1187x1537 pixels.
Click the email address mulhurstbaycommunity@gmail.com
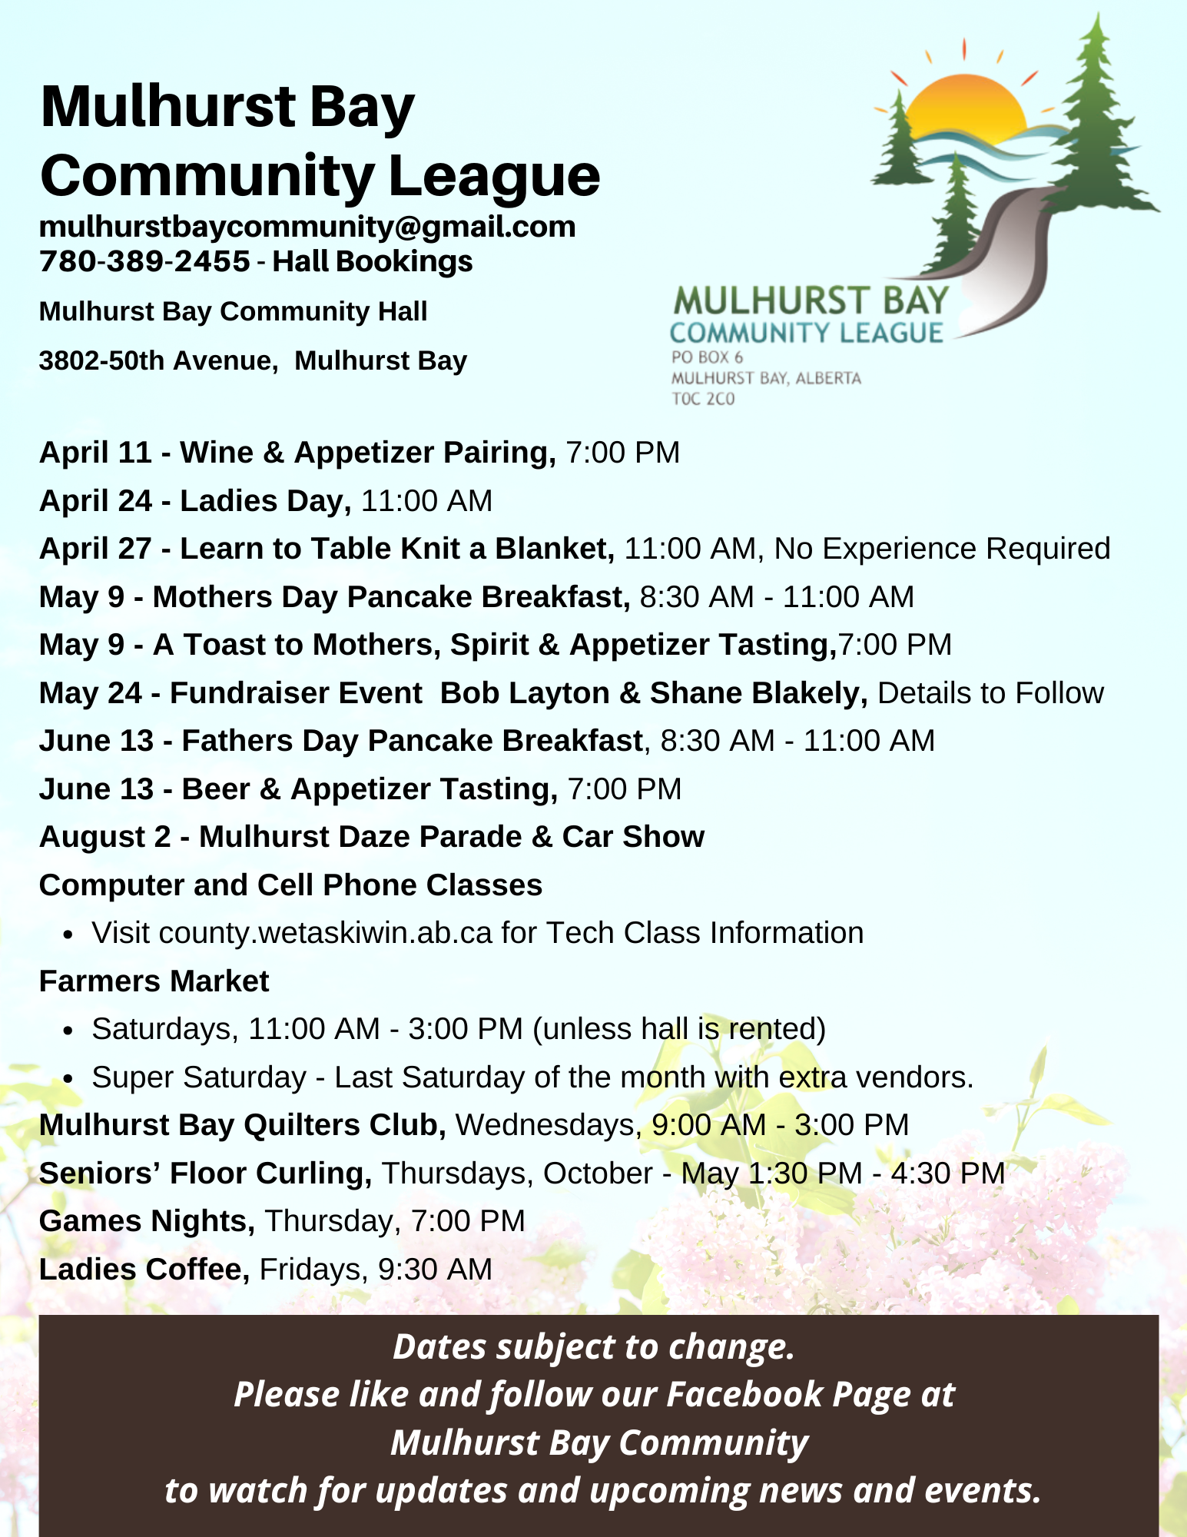307,227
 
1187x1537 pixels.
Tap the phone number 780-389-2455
144,262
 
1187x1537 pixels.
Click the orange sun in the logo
965,105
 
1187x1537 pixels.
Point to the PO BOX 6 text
707,357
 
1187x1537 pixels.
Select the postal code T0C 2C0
703,399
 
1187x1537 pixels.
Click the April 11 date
95,453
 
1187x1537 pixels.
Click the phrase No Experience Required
942,549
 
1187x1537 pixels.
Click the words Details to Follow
990,693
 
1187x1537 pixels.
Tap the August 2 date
104,838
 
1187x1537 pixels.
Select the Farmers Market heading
154,982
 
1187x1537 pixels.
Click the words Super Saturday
199,1078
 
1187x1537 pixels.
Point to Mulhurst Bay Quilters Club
242,1126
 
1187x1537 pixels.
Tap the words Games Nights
147,1222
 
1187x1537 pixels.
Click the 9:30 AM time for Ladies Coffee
435,1270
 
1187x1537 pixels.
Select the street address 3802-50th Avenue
157,361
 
